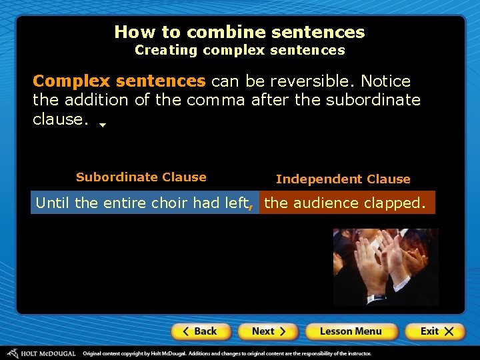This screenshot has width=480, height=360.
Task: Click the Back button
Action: [201, 331]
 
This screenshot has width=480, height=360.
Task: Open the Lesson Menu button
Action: [351, 331]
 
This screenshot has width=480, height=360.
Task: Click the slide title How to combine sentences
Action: [239, 32]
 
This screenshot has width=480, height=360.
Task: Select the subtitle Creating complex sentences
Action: [239, 50]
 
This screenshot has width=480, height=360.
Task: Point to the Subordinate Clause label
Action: [141, 177]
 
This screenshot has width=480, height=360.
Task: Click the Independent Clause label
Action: [343, 179]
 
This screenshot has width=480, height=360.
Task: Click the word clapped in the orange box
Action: [395, 203]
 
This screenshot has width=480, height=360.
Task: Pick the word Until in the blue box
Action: [53, 203]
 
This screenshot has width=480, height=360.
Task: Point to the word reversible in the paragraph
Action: [311, 81]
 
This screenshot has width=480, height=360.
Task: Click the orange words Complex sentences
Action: [119, 81]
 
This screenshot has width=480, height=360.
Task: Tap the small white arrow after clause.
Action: [103, 124]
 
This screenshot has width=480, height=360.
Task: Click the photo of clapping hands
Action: [385, 267]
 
